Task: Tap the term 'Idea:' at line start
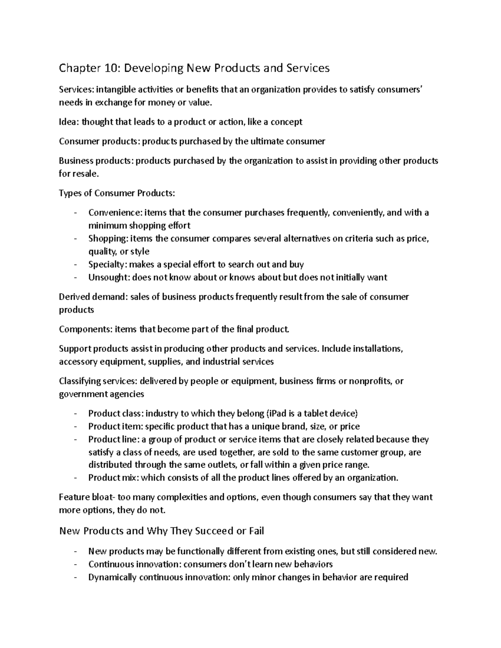[69, 122]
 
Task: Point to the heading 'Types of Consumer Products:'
[117, 193]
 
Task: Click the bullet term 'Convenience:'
[115, 213]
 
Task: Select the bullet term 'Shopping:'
[108, 239]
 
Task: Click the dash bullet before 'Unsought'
[75, 277]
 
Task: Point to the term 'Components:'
[86, 329]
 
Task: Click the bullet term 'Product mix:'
[114, 478]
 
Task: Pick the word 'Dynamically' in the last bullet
[112, 577]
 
